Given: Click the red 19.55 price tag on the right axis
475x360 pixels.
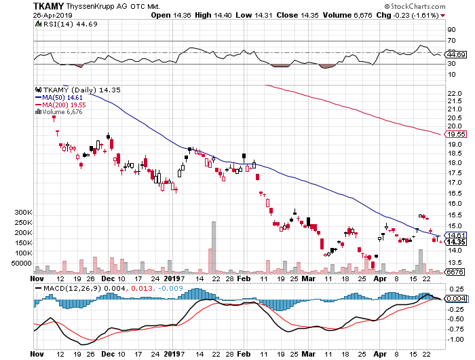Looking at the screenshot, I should [455, 134].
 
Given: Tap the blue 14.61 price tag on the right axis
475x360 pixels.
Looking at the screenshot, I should [455, 234].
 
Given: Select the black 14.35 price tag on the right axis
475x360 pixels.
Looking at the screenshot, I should [455, 242].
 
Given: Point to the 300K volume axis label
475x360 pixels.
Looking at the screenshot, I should [24, 213].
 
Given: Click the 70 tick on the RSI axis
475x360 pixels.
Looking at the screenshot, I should [450, 41].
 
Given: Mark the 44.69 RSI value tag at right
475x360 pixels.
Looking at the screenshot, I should [455, 54].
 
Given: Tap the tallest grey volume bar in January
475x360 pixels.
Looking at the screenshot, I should [214, 246].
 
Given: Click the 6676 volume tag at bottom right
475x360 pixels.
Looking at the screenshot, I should [455, 272].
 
